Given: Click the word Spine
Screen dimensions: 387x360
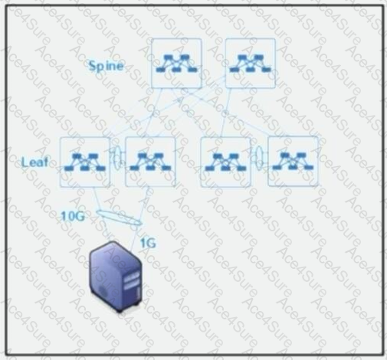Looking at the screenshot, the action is tap(106, 66).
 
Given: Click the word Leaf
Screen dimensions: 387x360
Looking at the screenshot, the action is tap(34, 162).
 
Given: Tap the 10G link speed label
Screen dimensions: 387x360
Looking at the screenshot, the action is tap(73, 217).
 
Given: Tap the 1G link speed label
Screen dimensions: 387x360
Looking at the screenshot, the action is tap(148, 243).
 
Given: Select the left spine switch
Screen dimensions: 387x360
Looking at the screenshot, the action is tap(176, 64).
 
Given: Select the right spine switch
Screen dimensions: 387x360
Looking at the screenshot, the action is tap(251, 64).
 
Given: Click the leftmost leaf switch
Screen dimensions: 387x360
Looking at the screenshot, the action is tap(85, 162).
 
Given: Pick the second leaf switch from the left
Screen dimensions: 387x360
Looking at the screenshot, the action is tap(150, 162).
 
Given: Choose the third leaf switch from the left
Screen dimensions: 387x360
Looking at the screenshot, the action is tap(225, 162).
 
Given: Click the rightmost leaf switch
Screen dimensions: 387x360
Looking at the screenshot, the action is tap(293, 162).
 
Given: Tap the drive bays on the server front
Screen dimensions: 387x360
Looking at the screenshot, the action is tap(132, 280).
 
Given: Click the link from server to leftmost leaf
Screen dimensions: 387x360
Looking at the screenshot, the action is tap(102, 214).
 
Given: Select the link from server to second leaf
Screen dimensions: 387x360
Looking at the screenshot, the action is tap(139, 218).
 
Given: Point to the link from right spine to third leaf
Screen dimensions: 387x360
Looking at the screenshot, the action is tap(226, 113).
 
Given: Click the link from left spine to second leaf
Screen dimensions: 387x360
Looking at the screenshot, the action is tap(154, 113).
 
